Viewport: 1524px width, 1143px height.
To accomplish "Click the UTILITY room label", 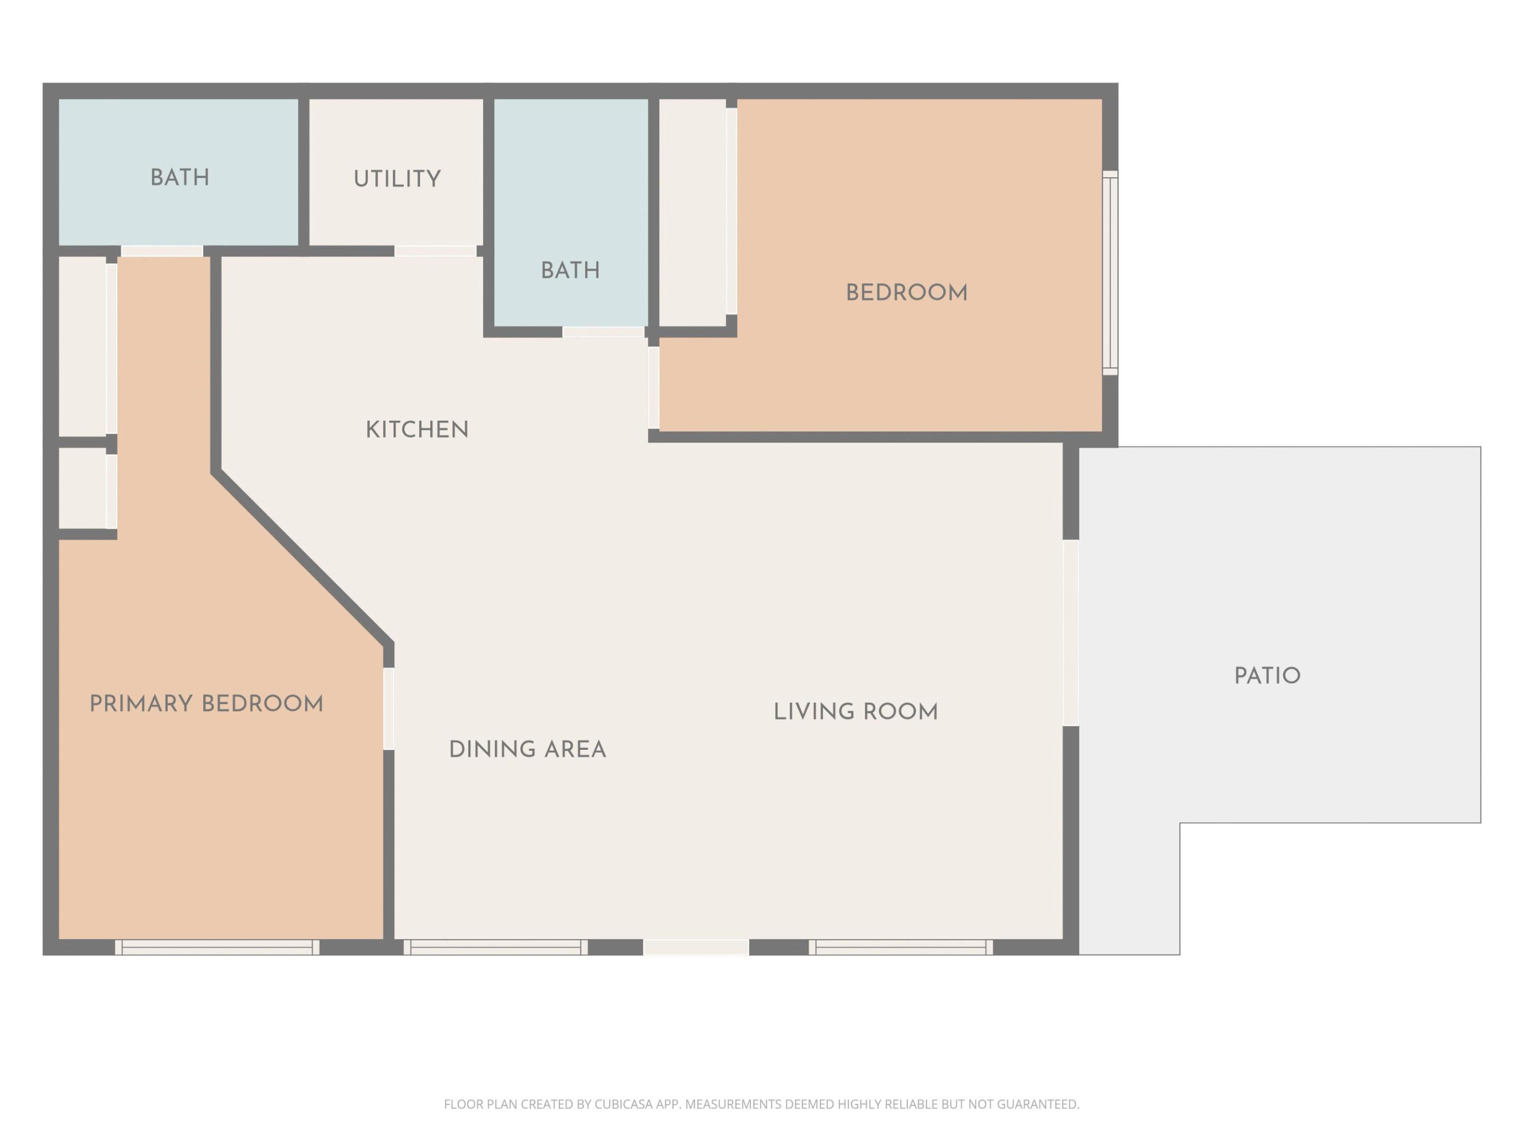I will point(397,179).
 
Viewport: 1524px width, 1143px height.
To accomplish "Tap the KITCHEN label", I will point(417,430).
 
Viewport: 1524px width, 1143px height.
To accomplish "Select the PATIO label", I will point(1266,676).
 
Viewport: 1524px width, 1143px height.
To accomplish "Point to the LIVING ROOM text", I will point(855,712).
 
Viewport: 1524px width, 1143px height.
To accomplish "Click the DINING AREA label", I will point(527,750).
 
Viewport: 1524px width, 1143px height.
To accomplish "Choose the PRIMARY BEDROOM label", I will point(206,704).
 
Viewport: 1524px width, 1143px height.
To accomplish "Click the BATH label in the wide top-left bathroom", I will point(180,178).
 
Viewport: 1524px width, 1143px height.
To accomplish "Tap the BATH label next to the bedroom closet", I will point(570,271).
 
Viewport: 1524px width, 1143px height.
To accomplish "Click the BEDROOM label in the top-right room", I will point(906,293).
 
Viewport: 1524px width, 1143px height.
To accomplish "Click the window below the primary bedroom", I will point(217,947).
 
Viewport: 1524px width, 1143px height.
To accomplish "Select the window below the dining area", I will point(495,947).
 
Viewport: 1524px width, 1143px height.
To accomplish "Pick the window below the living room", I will point(901,947).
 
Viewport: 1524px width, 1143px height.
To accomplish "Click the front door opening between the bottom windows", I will point(696,947).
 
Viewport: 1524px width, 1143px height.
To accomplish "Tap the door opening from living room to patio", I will point(1070,632).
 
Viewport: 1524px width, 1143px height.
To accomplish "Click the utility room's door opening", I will point(436,251).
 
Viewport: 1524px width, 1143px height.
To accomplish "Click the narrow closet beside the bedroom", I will point(693,212).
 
